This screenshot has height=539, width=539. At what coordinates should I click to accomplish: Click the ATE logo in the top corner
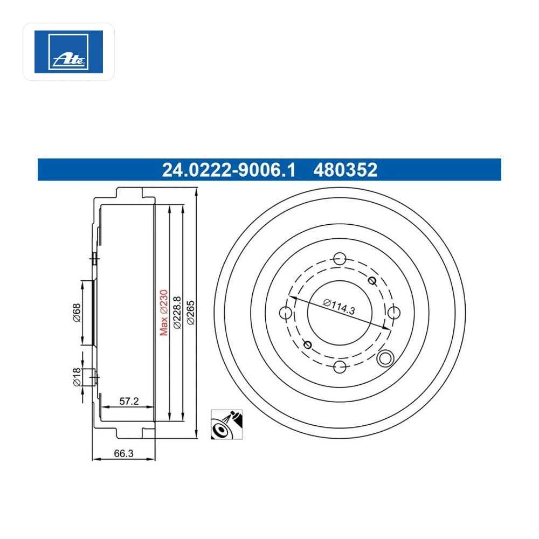pyautogui.click(x=68, y=52)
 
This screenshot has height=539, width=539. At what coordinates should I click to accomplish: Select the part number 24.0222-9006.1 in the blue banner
pyautogui.click(x=229, y=170)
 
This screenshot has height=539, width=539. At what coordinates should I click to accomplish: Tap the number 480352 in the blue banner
pyautogui.click(x=345, y=170)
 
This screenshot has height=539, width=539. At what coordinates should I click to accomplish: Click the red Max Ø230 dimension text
pyautogui.click(x=164, y=313)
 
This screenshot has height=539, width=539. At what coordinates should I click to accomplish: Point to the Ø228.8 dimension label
pyautogui.click(x=177, y=313)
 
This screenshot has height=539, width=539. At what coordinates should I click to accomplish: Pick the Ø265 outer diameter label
pyautogui.click(x=190, y=313)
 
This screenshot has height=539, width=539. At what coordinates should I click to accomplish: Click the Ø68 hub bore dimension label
pyautogui.click(x=77, y=313)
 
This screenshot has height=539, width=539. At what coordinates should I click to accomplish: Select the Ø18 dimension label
pyautogui.click(x=77, y=377)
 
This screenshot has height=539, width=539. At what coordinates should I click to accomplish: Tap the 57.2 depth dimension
pyautogui.click(x=129, y=401)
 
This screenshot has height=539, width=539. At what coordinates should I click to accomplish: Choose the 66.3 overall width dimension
pyautogui.click(x=124, y=453)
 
